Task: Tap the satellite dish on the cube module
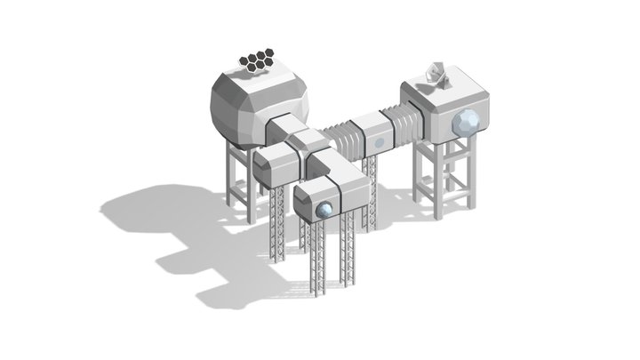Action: click(x=437, y=76)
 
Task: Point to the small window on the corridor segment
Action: click(x=379, y=141)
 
